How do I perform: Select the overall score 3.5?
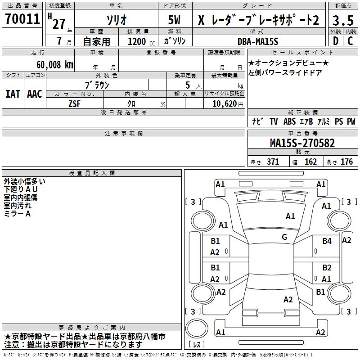[342, 20]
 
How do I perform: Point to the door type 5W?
[175, 20]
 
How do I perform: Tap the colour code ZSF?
[75, 103]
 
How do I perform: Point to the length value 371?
[273, 162]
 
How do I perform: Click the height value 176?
[346, 162]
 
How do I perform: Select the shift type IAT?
[13, 94]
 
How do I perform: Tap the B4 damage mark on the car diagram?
[327, 241]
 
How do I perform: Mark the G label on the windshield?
[284, 237]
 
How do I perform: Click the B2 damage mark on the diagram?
[327, 268]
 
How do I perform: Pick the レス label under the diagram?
[197, 345]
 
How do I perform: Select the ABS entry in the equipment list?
[290, 121]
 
